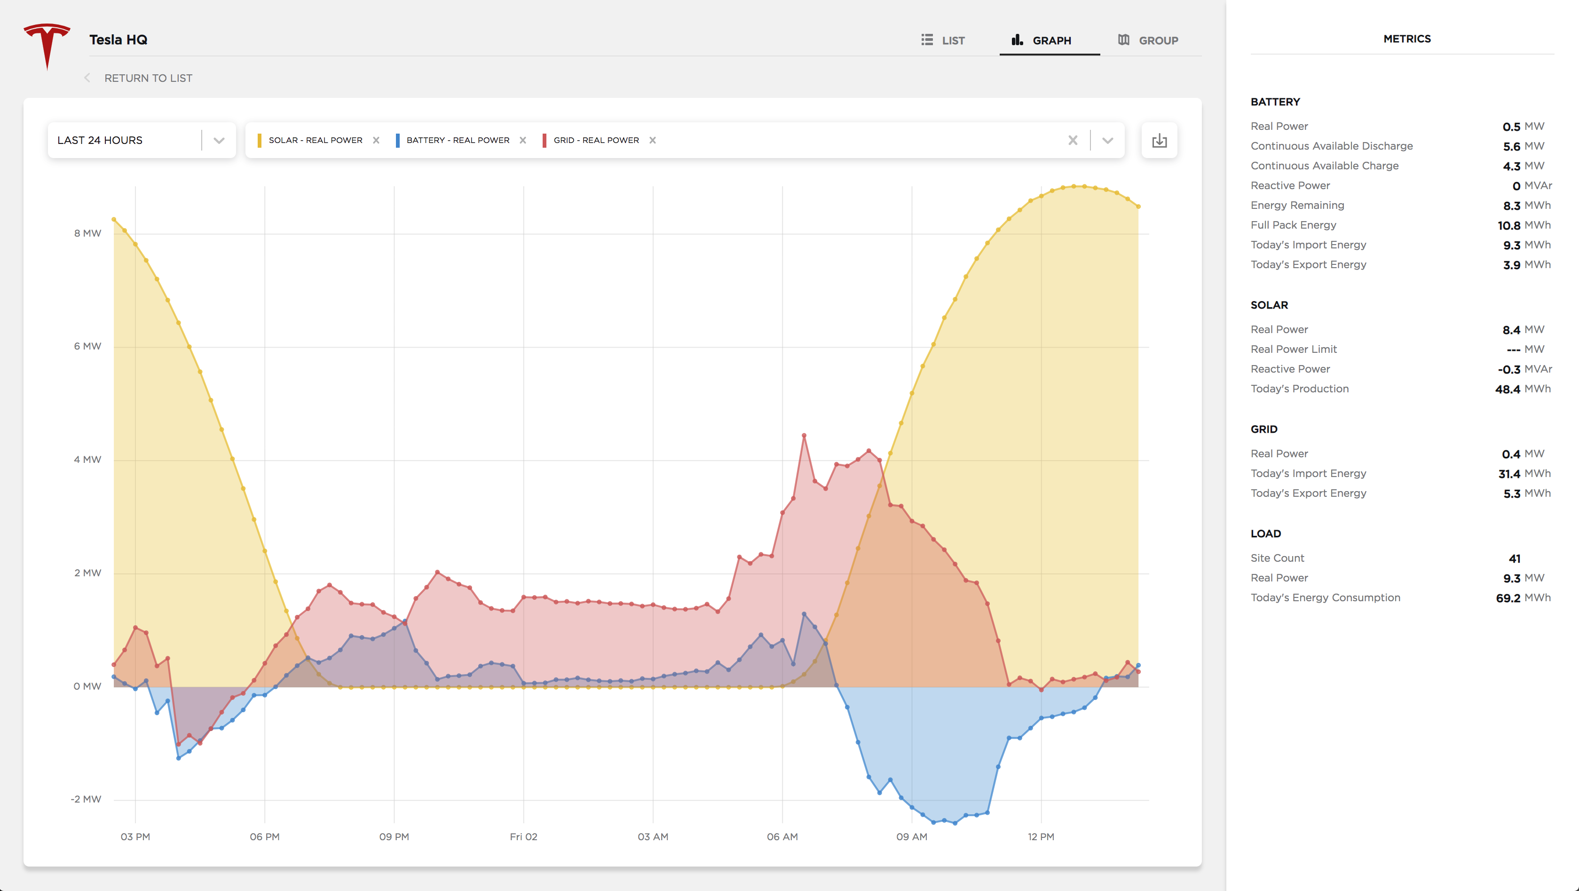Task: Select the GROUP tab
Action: click(x=1148, y=40)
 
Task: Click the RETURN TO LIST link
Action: click(x=148, y=79)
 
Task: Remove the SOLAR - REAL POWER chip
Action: click(x=376, y=141)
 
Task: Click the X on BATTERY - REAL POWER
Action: click(x=523, y=141)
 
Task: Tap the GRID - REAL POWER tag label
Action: click(x=596, y=141)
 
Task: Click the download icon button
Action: click(x=1159, y=141)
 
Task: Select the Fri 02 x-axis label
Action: click(x=523, y=837)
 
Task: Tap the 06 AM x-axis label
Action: click(x=782, y=837)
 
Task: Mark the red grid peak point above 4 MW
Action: click(x=804, y=435)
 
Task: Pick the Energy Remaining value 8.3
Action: click(x=1512, y=206)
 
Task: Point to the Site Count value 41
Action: click(x=1515, y=558)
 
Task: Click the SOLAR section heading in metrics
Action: click(x=1270, y=305)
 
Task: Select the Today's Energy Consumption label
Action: click(x=1325, y=598)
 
